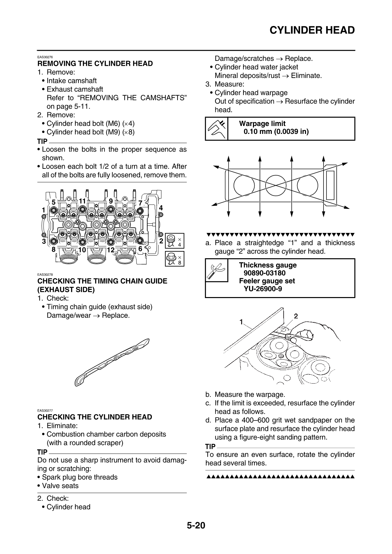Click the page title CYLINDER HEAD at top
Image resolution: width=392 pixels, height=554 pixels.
click(312, 30)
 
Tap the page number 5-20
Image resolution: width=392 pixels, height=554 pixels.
click(196, 525)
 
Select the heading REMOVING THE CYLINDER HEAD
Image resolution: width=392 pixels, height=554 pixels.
click(95, 63)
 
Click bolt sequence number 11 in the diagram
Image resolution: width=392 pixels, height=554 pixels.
click(82, 201)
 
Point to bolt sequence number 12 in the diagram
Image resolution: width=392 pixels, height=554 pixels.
click(111, 250)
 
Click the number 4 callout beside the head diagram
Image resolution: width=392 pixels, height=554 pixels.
click(161, 208)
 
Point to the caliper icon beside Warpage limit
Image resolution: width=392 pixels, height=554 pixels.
click(216, 129)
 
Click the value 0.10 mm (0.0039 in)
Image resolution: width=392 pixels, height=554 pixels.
click(276, 132)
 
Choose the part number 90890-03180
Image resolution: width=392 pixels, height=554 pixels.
click(265, 273)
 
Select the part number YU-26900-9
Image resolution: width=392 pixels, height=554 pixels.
click(263, 289)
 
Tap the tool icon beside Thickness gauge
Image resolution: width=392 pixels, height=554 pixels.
click(216, 270)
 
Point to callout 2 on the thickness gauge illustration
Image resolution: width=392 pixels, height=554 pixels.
click(295, 316)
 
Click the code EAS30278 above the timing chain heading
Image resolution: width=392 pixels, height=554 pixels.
click(45, 275)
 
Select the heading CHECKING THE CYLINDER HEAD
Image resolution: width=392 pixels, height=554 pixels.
click(95, 417)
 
